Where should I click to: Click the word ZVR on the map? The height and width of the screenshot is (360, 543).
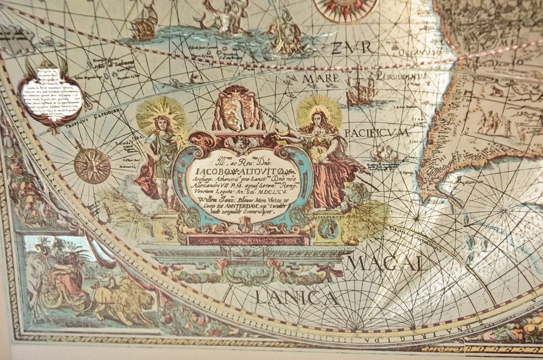[351, 48]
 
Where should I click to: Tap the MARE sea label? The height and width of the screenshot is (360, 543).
[320, 79]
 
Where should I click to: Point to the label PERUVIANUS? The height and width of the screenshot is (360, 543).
[401, 76]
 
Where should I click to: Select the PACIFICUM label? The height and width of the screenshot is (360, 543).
[376, 133]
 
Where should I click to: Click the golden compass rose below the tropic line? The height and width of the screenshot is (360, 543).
[92, 166]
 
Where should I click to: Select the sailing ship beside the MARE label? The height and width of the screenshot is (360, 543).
[360, 90]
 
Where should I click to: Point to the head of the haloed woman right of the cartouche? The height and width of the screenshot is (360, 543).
[318, 118]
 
